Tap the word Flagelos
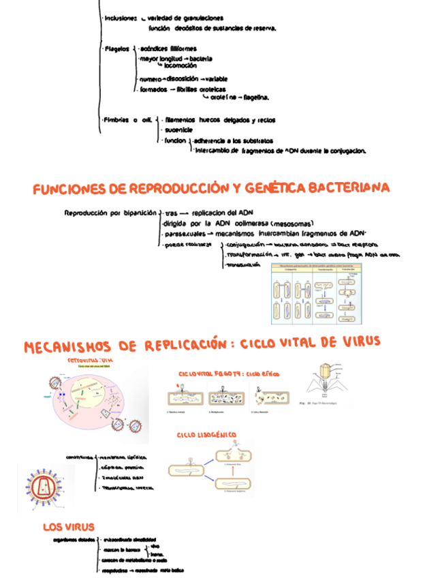118,49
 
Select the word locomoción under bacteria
181,66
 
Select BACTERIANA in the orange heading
348,187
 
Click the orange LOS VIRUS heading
68,527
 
